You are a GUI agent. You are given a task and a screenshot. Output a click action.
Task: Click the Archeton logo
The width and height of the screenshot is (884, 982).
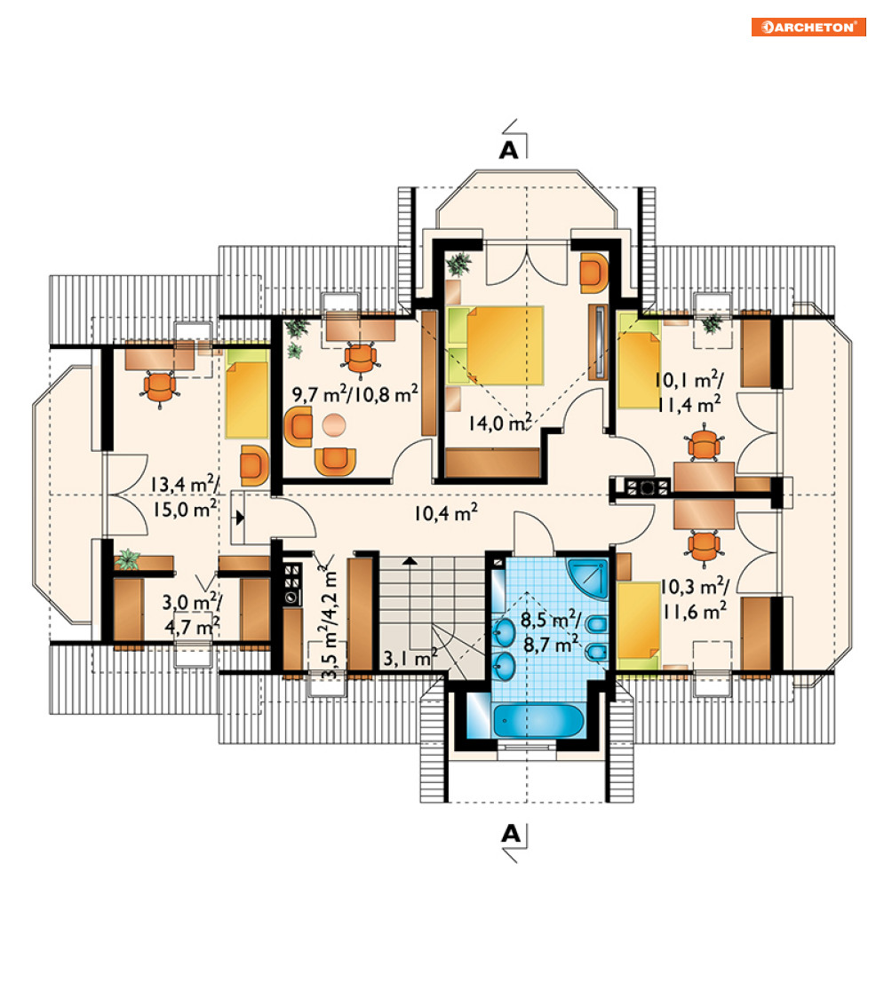click(x=808, y=27)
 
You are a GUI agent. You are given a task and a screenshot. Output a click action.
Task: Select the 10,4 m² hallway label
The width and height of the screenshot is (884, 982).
click(x=445, y=513)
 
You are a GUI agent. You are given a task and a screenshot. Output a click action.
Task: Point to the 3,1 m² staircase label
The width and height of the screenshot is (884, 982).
click(x=410, y=658)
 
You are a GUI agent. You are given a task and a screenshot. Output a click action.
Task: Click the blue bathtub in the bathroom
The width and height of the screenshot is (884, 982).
click(x=538, y=720)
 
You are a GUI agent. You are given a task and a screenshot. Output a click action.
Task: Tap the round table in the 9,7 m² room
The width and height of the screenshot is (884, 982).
click(x=334, y=424)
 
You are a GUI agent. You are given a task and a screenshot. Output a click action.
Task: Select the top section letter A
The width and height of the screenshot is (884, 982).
click(x=509, y=150)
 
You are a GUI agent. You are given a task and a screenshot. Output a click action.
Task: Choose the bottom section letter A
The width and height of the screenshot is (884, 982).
click(x=511, y=834)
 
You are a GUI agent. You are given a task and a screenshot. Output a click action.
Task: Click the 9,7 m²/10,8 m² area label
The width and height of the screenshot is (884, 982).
click(x=355, y=394)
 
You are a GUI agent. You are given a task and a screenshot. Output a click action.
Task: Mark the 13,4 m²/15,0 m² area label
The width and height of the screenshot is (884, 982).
click(x=185, y=496)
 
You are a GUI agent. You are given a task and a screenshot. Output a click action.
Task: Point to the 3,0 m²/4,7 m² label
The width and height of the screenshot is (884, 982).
click(x=191, y=614)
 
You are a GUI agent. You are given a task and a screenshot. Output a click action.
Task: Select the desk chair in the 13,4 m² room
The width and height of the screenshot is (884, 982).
click(x=161, y=388)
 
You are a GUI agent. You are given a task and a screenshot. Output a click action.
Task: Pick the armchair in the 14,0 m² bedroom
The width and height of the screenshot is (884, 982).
click(x=593, y=273)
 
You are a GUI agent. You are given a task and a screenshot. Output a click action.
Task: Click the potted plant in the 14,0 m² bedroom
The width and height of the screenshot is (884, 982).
click(x=459, y=264)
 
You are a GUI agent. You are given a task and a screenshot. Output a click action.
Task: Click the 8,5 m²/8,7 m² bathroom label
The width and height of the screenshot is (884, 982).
click(x=551, y=632)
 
